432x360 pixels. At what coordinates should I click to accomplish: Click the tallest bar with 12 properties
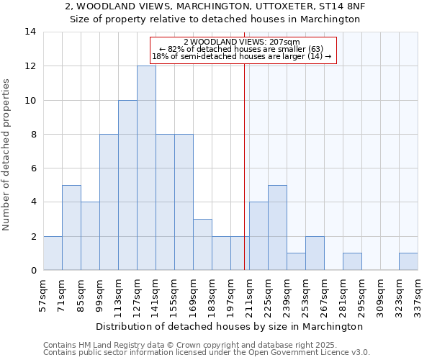click(x=146, y=168)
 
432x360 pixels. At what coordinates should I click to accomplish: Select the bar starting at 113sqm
click(x=127, y=185)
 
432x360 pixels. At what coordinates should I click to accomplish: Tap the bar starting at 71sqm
click(x=71, y=228)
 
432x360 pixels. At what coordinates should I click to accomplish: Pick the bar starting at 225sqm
click(x=277, y=228)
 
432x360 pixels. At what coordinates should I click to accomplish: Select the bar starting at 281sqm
click(x=352, y=261)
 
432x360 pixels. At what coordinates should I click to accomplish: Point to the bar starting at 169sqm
click(x=202, y=245)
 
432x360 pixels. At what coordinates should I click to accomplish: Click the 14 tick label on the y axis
click(x=30, y=32)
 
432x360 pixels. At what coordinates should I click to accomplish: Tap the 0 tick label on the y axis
click(x=33, y=271)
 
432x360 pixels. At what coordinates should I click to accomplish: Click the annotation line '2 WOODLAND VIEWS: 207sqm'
click(x=242, y=42)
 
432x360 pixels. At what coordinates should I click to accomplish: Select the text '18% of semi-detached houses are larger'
click(x=230, y=56)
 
